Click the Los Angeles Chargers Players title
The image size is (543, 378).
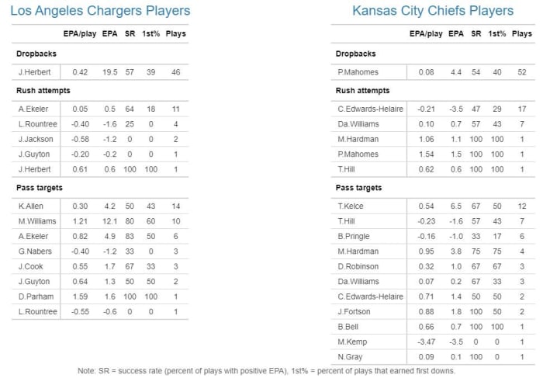click(101, 11)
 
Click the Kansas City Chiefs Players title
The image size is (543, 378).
click(433, 11)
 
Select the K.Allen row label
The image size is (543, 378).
click(32, 206)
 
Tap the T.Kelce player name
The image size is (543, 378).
click(350, 206)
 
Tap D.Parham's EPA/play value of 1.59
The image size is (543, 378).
click(80, 296)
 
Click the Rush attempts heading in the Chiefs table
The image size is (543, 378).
click(362, 91)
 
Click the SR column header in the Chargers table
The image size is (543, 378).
click(130, 33)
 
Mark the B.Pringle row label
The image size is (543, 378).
click(352, 236)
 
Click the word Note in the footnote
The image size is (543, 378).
click(88, 370)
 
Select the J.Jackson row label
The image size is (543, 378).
click(36, 139)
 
